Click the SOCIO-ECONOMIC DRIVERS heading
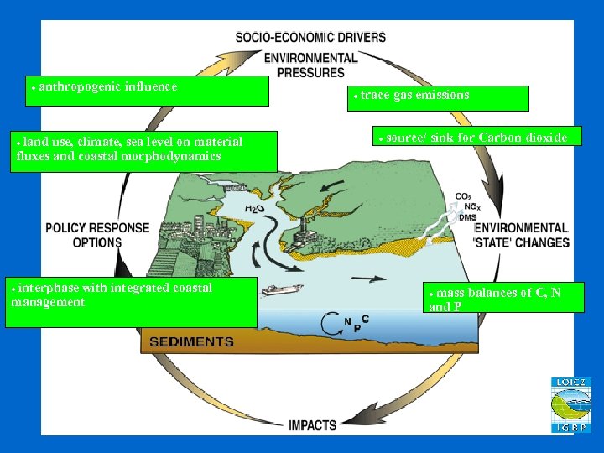click(310, 37)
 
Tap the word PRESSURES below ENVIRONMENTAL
click(310, 72)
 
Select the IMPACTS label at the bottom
click(312, 424)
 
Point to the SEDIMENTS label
click(191, 341)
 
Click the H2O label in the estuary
click(254, 208)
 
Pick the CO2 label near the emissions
click(463, 197)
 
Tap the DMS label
click(466, 217)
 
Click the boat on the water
click(282, 290)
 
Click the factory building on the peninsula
click(305, 227)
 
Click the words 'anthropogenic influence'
click(107, 86)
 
